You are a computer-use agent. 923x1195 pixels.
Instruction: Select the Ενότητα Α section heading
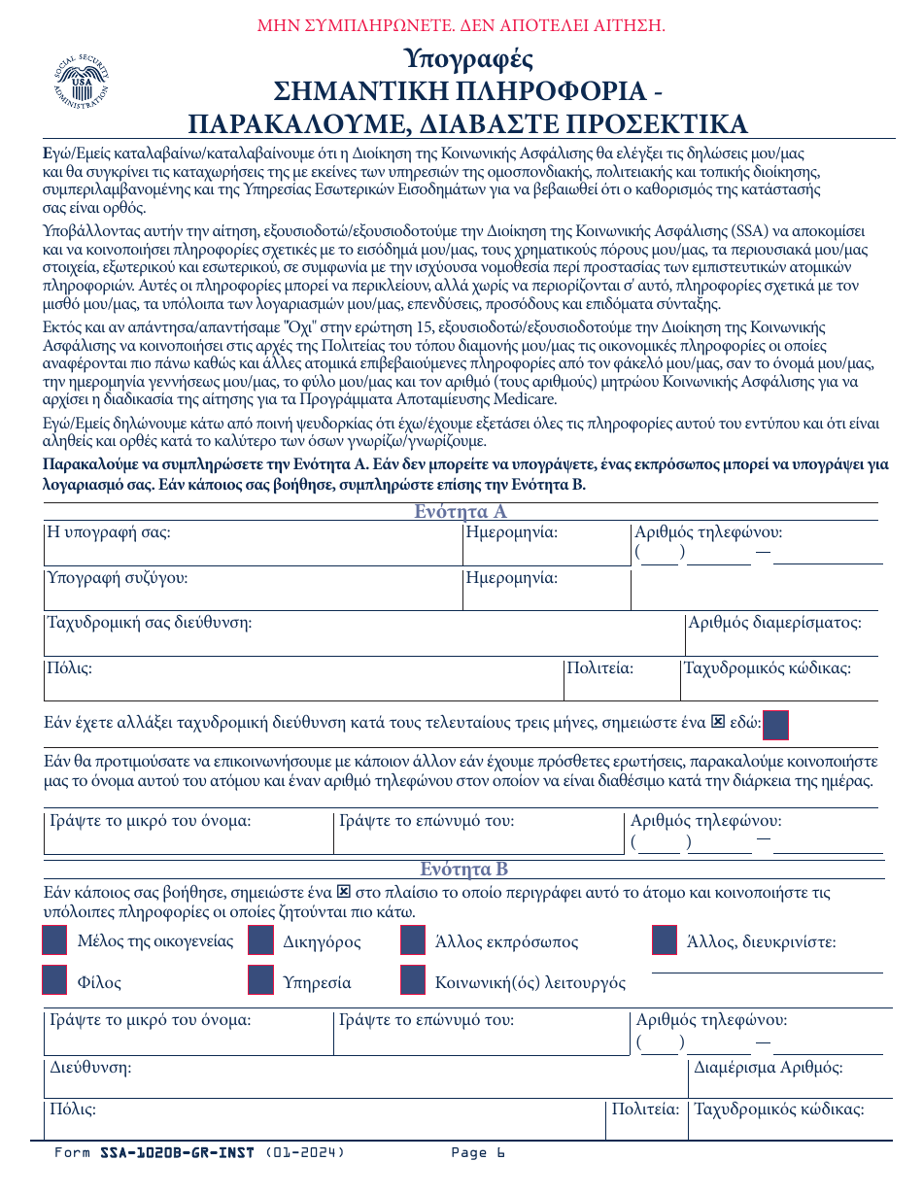461,512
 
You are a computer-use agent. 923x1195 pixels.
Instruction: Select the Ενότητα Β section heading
463,869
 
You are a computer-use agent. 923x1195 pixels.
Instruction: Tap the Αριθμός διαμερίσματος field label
774,623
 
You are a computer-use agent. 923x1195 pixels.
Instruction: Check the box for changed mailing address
776,726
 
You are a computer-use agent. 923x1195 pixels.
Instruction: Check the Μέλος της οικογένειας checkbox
54,940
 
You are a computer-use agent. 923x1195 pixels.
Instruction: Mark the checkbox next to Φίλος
54,981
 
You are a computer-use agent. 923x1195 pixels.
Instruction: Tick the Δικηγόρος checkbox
260,940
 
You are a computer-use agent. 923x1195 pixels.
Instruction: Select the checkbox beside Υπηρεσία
260,981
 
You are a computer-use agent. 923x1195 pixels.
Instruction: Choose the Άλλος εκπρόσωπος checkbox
413,940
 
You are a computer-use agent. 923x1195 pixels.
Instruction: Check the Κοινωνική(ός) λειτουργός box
413,981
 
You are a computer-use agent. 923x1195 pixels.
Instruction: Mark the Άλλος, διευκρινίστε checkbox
664,940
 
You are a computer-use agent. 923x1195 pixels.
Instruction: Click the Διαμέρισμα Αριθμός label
769,1068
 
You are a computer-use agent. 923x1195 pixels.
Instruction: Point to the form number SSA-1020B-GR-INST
177,1153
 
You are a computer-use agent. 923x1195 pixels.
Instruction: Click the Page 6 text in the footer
478,1153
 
